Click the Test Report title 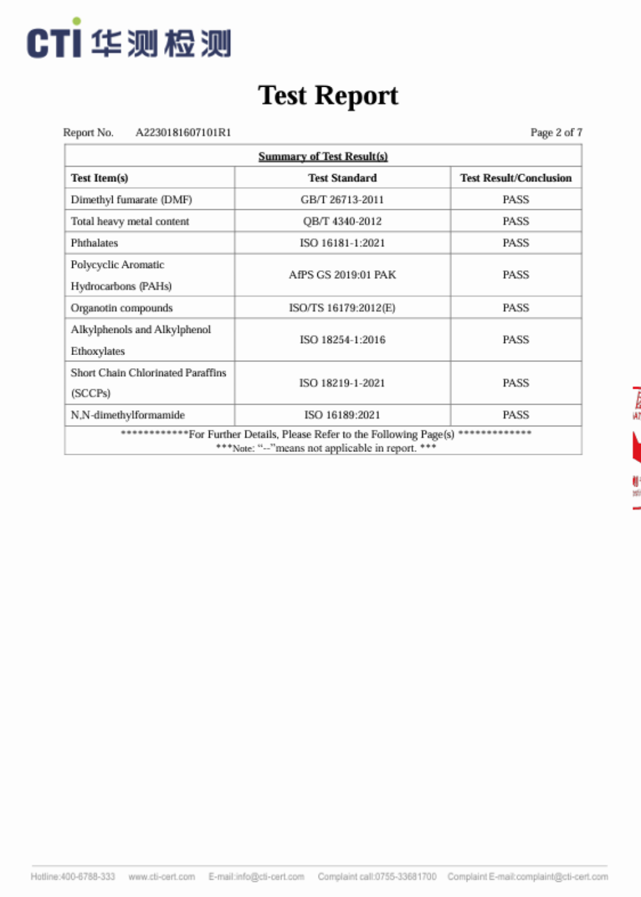coord(328,96)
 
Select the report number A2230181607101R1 coord(183,133)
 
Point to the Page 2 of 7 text coord(556,133)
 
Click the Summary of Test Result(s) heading coord(323,156)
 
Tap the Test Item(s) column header coord(99,178)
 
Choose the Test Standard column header coord(342,178)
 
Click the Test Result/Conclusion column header coord(515,178)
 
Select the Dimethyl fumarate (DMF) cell coord(131,200)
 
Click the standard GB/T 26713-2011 coord(342,200)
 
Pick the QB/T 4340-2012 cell coord(342,222)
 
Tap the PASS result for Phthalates coord(515,243)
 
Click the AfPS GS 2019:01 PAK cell coord(342,275)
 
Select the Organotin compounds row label coord(122,308)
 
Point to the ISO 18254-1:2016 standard coord(342,340)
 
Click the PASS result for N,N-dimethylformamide coord(515,415)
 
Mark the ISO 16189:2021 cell coord(342,415)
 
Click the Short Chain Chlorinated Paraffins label coord(148,373)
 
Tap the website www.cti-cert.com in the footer coord(162,876)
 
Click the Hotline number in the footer coord(73,876)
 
